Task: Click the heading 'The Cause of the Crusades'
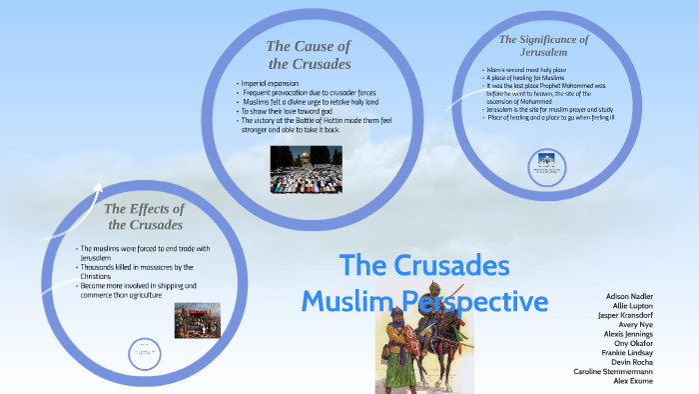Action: [308, 55]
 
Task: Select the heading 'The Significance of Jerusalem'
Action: [543, 46]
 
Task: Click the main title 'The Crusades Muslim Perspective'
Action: [424, 283]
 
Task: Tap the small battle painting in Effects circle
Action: [197, 321]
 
